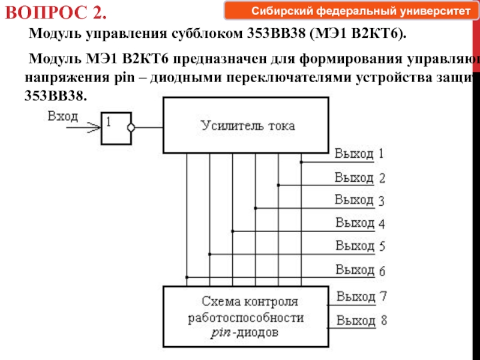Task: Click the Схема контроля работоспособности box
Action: pos(247,317)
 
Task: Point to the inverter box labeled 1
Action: pos(115,128)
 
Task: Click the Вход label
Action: pos(63,116)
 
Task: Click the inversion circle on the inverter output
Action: pos(132,127)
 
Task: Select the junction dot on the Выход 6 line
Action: pos(187,277)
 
